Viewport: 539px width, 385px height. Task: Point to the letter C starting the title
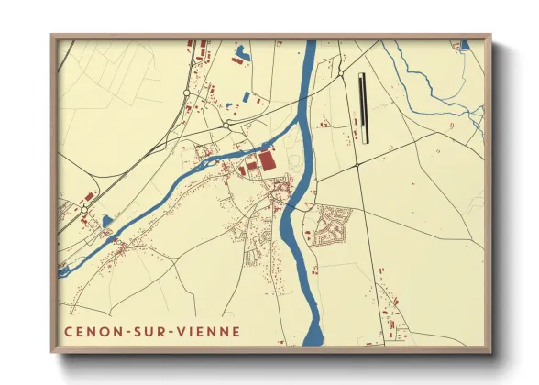coord(68,330)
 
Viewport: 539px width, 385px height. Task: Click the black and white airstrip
coord(363,107)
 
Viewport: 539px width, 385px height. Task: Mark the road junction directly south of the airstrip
coord(357,167)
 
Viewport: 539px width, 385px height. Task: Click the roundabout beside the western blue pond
coord(85,210)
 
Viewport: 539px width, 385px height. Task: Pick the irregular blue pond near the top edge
coord(241,52)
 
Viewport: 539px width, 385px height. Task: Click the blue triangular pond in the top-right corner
coord(465,44)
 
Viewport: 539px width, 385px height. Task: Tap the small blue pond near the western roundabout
coord(106,221)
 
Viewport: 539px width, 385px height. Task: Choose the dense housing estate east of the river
coord(331,225)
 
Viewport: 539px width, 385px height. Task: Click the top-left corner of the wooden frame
coord(52,37)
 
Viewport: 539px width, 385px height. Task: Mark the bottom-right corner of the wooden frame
coord(490,352)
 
